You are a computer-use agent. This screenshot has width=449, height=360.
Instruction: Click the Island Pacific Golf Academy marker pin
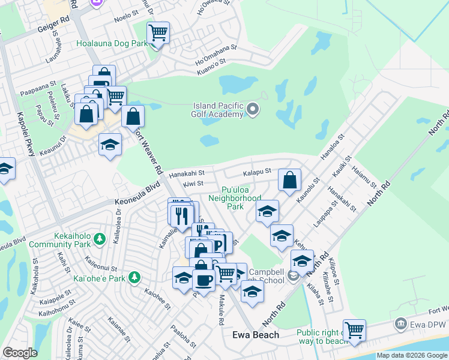coord(253,109)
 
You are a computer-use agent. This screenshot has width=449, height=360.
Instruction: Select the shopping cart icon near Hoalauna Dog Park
coord(158,32)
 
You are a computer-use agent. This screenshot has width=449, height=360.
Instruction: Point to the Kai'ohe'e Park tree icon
coord(136,278)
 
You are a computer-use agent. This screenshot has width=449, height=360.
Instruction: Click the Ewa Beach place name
coord(256,335)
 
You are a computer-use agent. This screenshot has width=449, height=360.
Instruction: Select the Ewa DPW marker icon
coord(400,325)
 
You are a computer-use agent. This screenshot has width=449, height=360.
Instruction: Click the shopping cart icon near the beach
coord(354,329)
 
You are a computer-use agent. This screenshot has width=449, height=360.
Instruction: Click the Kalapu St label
coord(258,172)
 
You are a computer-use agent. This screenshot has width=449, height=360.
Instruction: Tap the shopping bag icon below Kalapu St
coord(289,180)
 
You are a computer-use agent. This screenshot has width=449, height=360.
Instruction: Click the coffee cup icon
coord(203,279)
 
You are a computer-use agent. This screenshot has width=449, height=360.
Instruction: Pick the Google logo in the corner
coord(20,353)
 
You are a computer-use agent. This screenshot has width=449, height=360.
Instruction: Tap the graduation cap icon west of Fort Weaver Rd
coord(110,145)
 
